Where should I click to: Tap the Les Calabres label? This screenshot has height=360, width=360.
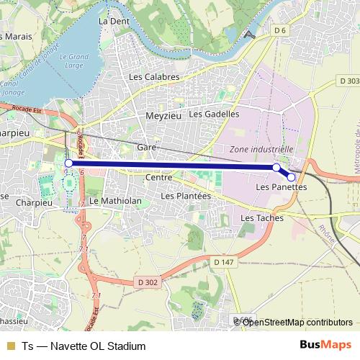pos(153,76)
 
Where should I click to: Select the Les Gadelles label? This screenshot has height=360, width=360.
pos(214,114)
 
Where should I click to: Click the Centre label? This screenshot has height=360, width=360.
pos(158,177)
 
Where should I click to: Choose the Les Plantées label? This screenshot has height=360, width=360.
pos(186,195)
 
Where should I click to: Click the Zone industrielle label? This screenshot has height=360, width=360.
pos(261,149)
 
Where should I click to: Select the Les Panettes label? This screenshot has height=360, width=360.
pos(282,187)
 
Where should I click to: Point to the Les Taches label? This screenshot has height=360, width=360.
pos(261,217)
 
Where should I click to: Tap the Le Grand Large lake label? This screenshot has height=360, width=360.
pos(73,61)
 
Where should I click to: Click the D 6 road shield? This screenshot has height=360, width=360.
pos(280,30)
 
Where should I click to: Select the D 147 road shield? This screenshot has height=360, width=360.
pos(224,263)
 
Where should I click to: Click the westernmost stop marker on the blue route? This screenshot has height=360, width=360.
pos(69,163)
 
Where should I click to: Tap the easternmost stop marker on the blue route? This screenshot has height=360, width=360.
pos(292,177)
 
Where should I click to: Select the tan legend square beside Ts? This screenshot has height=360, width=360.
pos(10,346)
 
